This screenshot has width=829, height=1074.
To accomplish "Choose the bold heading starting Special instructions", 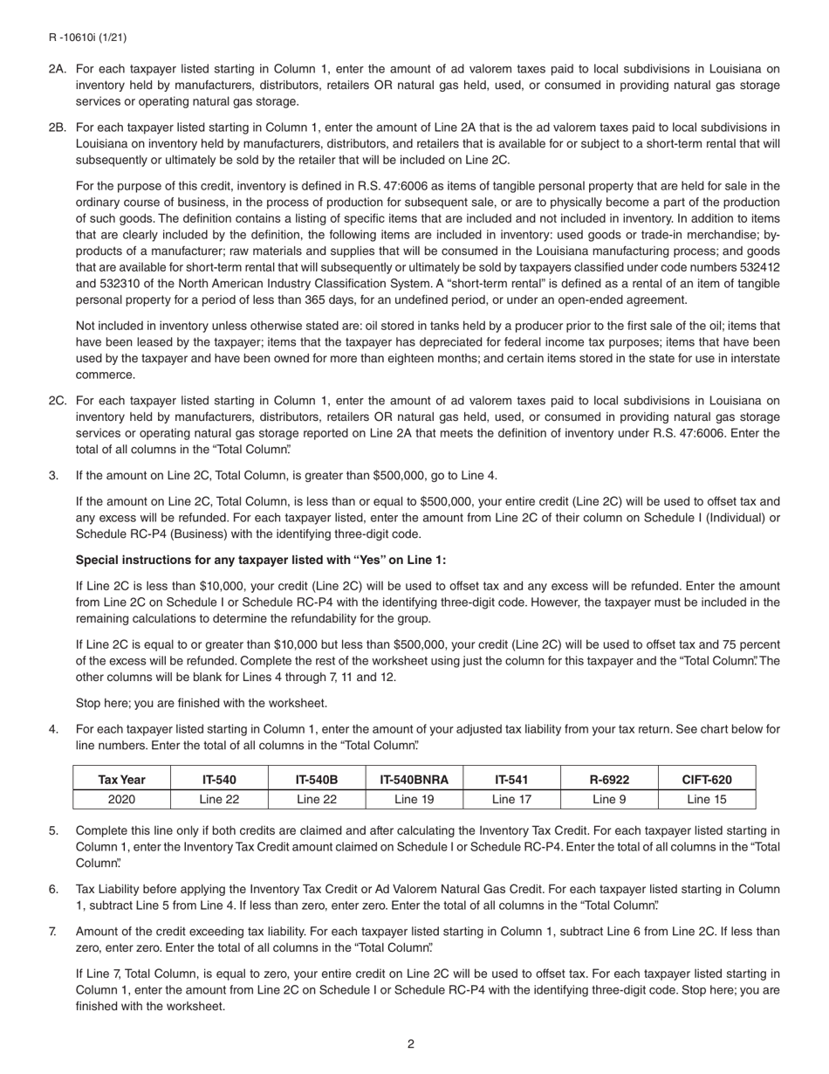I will (261, 560).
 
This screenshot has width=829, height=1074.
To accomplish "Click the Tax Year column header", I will (121, 780).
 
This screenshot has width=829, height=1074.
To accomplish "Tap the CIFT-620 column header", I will (707, 780).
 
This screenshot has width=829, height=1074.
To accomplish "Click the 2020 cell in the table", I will (121, 799).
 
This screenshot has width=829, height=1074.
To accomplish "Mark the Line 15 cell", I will (707, 799).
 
